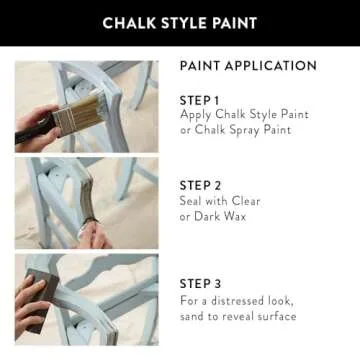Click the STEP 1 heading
point(200,100)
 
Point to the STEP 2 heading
point(201,185)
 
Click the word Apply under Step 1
point(197,115)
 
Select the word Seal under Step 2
point(192,200)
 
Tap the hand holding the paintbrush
point(35,128)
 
